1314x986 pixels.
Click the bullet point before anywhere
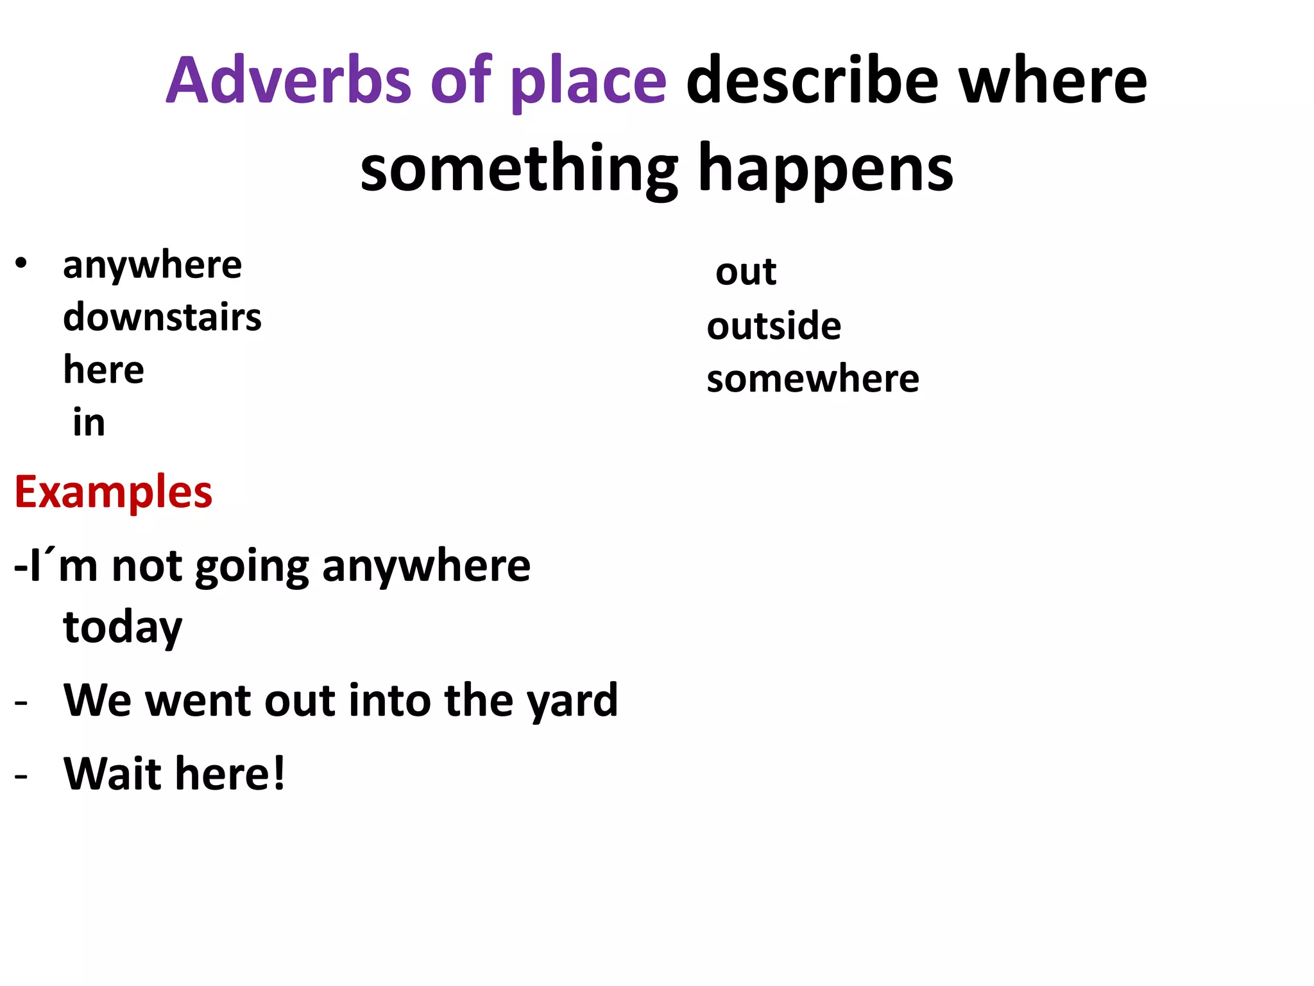(21, 263)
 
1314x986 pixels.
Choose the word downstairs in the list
(162, 317)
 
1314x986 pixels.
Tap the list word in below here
(89, 422)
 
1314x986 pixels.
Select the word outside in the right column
(774, 325)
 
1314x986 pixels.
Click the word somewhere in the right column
(813, 378)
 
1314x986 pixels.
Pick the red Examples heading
(114, 493)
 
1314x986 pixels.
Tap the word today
(123, 628)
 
